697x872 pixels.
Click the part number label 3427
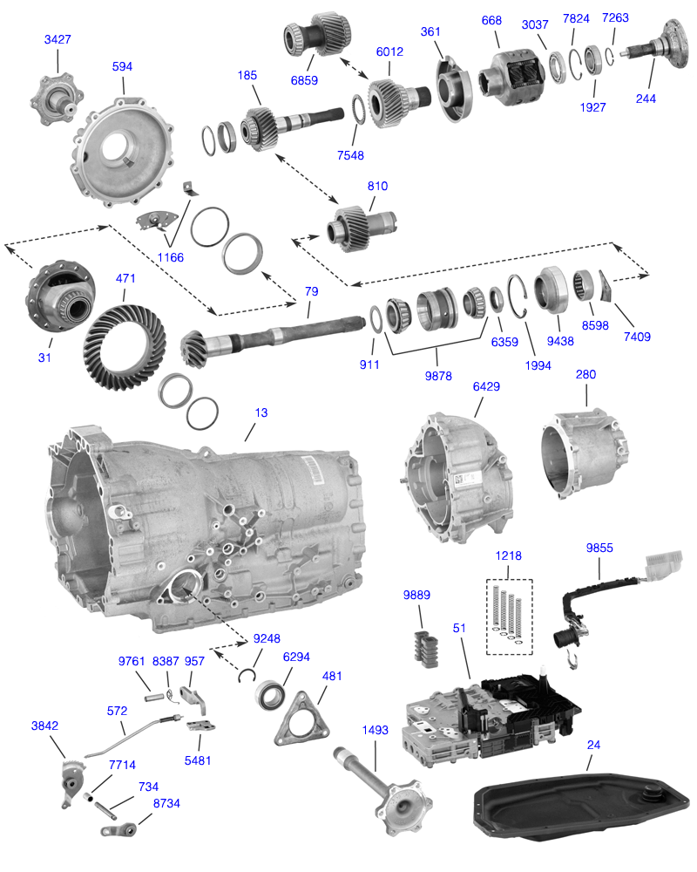coord(58,40)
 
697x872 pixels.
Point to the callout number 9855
coord(599,548)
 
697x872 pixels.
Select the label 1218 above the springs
coord(510,555)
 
